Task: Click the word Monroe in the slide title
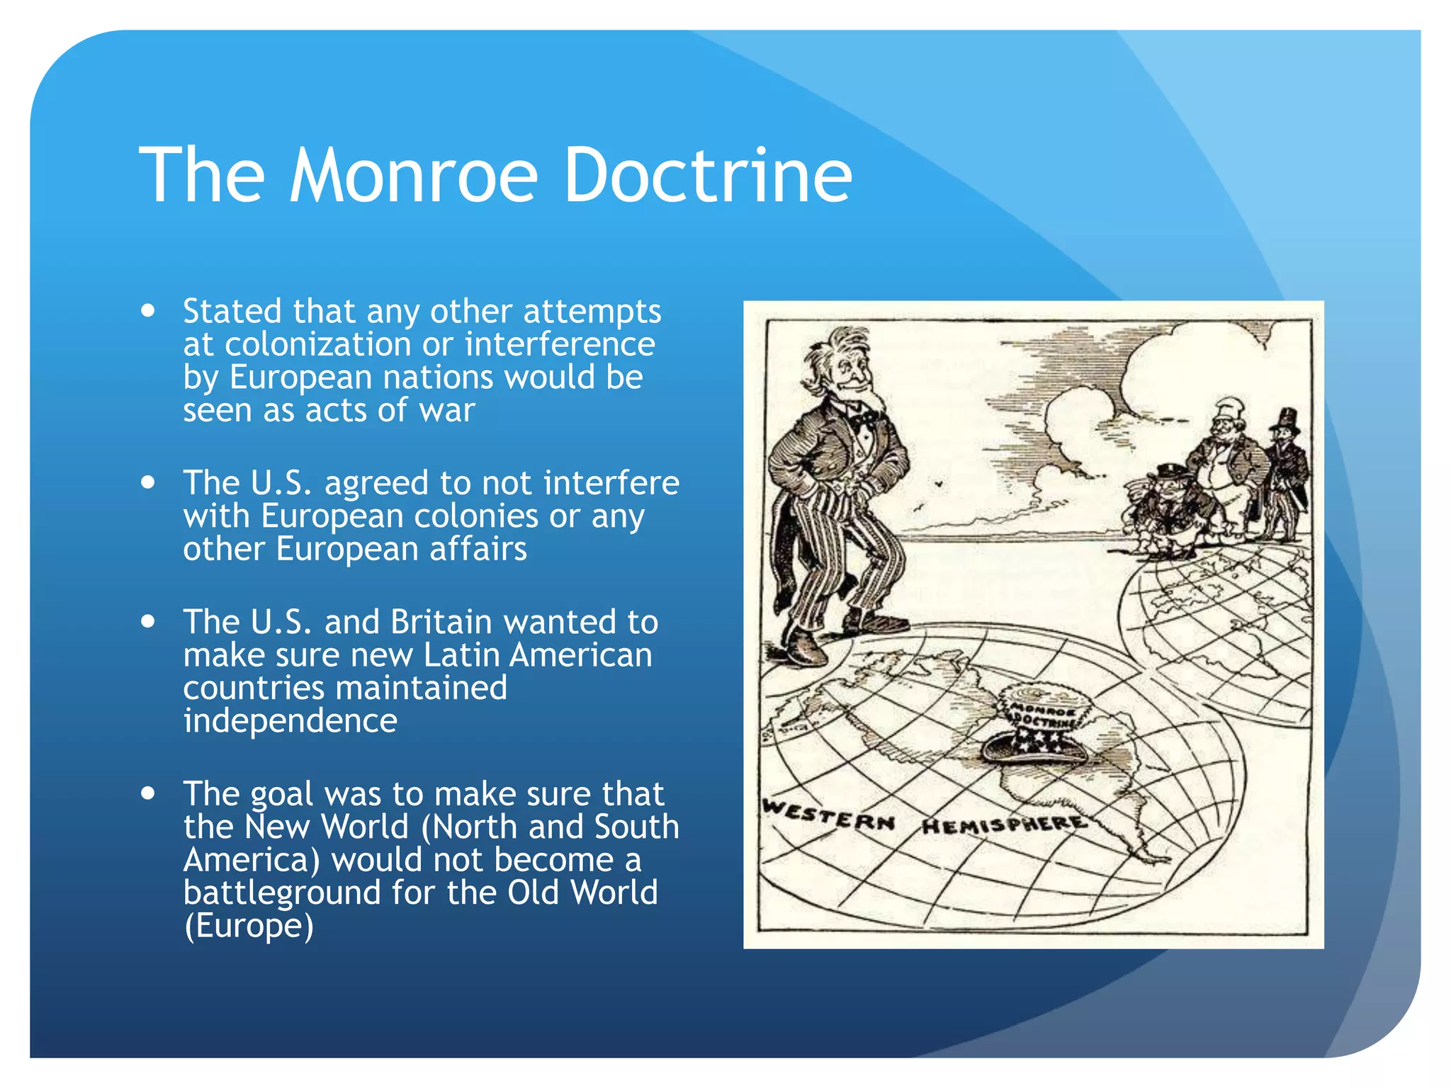click(x=414, y=176)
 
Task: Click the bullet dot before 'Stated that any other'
click(x=148, y=311)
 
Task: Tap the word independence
click(x=290, y=721)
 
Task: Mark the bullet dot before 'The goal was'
click(x=148, y=793)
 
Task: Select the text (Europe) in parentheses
click(x=248, y=926)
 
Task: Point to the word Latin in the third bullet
click(x=460, y=655)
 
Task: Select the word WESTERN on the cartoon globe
click(x=829, y=815)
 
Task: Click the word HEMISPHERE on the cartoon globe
click(x=1003, y=824)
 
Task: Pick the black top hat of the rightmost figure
click(x=1287, y=419)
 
